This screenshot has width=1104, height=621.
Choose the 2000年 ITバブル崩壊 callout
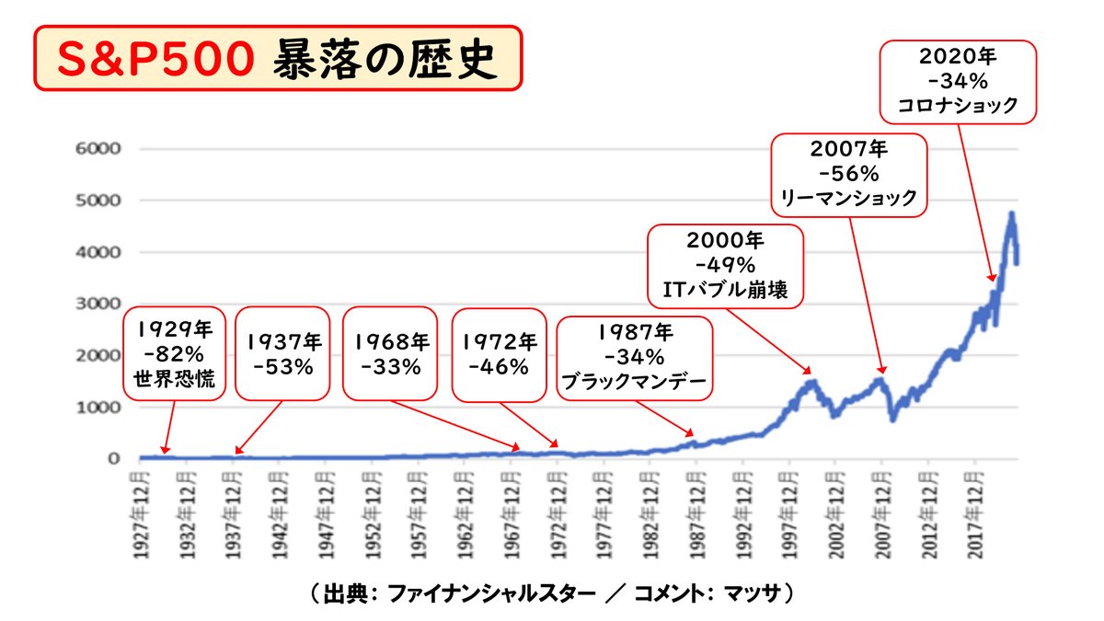coord(726,266)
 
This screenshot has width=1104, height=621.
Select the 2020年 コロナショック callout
coord(957,81)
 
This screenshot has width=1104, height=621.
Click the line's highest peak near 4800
coord(1011,213)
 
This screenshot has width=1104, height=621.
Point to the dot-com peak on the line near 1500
coord(811,381)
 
